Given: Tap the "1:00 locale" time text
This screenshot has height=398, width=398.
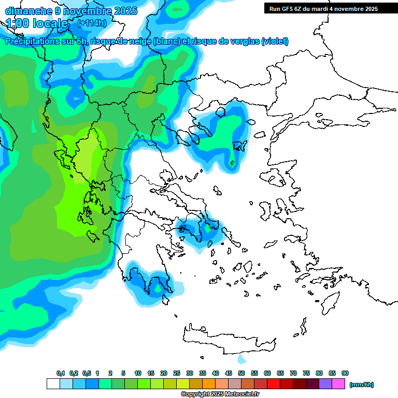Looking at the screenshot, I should tap(37, 23).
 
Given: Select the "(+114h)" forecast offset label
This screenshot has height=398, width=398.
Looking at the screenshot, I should tap(92, 23).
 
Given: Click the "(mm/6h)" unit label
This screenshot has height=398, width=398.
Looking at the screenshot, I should tap(362, 385).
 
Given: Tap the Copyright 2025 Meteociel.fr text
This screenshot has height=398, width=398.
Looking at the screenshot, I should tap(220, 394).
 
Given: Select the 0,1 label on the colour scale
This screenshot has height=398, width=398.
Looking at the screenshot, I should tap(61, 374).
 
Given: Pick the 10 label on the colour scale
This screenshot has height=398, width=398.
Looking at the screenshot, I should tap(138, 374).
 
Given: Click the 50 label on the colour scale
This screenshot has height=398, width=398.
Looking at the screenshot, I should tap(241, 374).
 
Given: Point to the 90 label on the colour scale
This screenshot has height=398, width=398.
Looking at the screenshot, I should tap(345, 374).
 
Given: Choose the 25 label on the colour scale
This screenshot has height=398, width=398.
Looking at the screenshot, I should tap(177, 374).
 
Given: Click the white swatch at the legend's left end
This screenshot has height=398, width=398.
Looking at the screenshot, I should tap(53, 384).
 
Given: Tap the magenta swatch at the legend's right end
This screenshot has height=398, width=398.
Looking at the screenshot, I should tap(338, 384).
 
